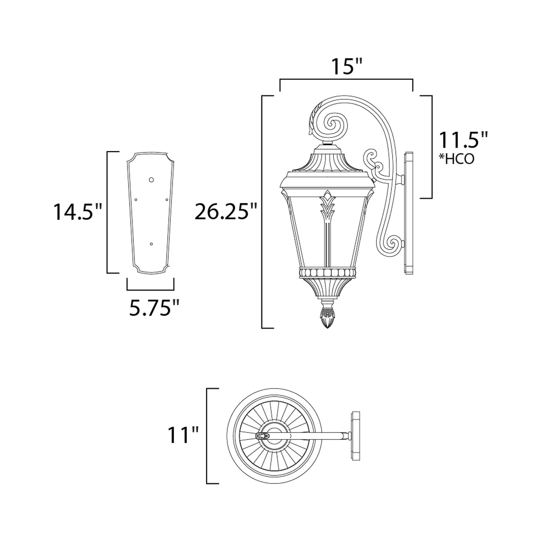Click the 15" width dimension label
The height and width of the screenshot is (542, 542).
pyautogui.click(x=346, y=67)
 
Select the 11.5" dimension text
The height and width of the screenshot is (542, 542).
pyautogui.click(x=463, y=140)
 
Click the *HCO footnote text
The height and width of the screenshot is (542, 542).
pyautogui.click(x=456, y=159)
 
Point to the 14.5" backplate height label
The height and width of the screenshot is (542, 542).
pyautogui.click(x=78, y=212)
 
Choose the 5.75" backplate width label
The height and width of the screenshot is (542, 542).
pyautogui.click(x=154, y=308)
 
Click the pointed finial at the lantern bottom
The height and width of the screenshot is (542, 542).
pyautogui.click(x=327, y=319)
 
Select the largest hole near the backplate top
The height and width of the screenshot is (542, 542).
pyautogui.click(x=152, y=180)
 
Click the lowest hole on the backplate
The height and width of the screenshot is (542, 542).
pyautogui.click(x=151, y=244)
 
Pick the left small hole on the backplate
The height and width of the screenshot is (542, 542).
pyautogui.click(x=136, y=200)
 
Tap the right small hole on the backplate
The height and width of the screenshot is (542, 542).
pyautogui.click(x=167, y=200)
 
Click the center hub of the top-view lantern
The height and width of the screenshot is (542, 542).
pyautogui.click(x=274, y=436)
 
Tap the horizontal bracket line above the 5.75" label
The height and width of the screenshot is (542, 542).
pyautogui.click(x=150, y=289)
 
